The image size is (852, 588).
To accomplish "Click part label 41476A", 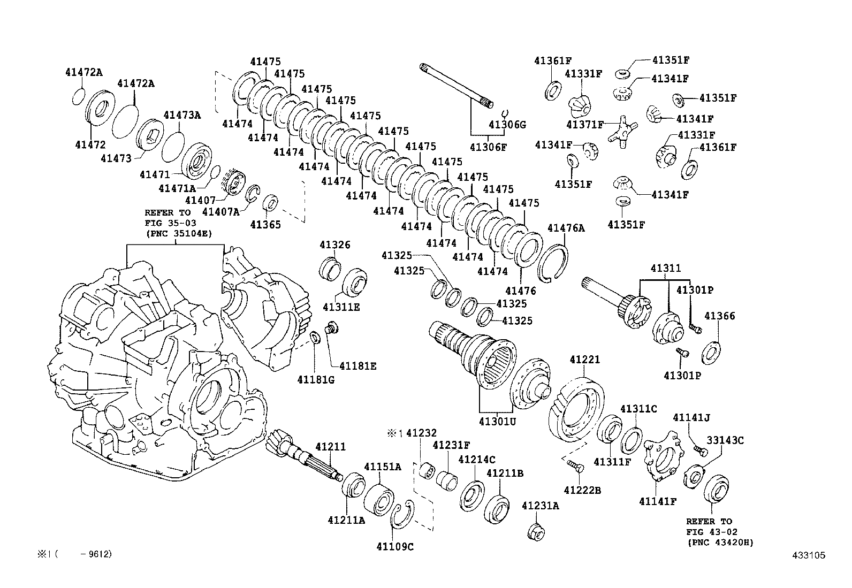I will pos(566,228).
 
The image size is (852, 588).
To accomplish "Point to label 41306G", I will pos(507,125).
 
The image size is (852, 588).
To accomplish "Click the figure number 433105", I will pos(809,555).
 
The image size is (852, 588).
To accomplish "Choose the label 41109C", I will pos(395,546).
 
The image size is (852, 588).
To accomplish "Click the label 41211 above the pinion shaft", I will pos(330,446).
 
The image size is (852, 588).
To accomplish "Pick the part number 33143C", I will pos(725,440).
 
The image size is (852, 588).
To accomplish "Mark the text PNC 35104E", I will pos(178,233).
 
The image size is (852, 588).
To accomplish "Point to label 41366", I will pos(719,316).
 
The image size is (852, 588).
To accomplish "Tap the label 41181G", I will pos(316,379).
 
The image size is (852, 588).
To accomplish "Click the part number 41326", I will pos(335,245).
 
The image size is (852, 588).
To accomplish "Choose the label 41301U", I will pos(497,421).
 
